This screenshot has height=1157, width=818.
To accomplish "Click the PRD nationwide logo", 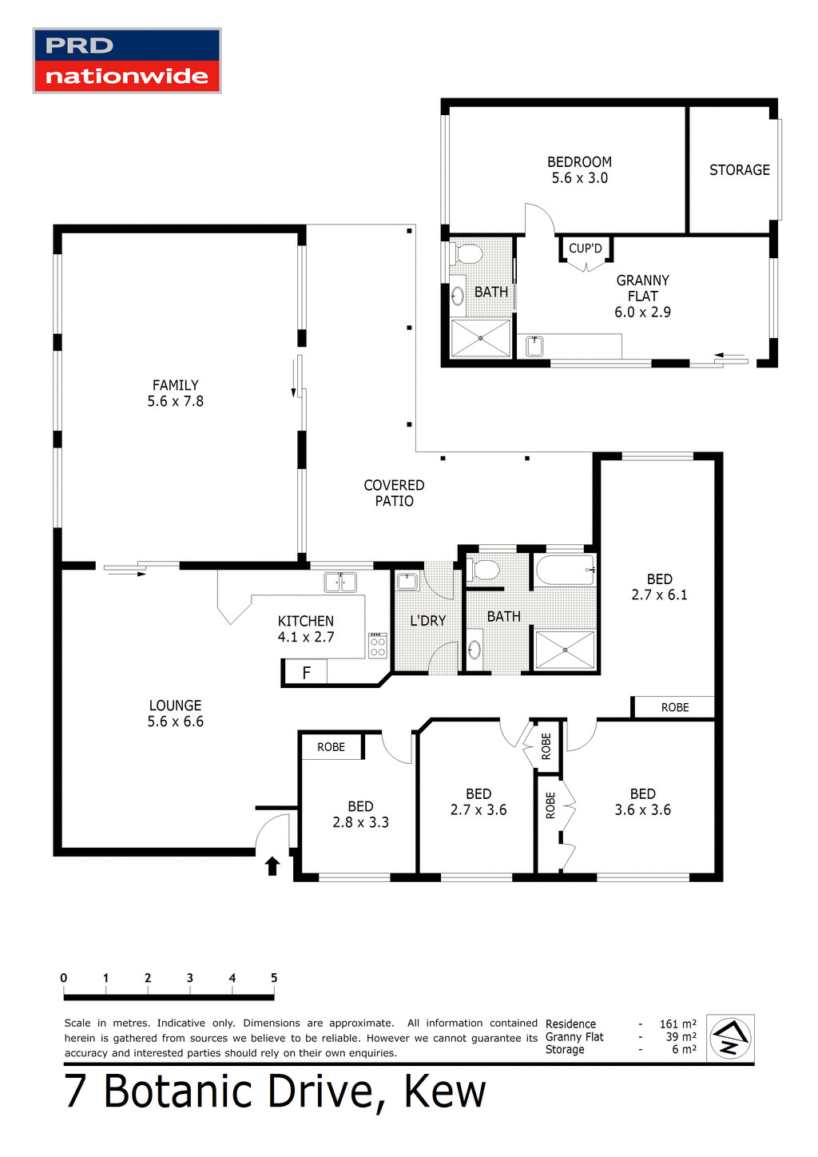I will coord(127,62).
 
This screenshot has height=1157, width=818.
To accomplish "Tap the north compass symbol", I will coord(730,1038).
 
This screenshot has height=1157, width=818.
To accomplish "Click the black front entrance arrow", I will coord(272,866).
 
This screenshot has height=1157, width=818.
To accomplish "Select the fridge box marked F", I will coord(305,673).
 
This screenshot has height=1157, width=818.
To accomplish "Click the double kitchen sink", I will coord(340,582).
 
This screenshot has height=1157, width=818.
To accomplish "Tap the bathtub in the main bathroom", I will coord(565,571).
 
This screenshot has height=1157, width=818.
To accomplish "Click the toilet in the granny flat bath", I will coord(467,254).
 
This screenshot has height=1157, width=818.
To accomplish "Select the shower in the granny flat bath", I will coord(481,338).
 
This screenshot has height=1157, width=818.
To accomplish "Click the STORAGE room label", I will coord(740,170).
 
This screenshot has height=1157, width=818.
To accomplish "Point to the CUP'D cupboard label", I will coord(586,248).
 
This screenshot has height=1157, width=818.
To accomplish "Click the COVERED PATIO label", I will coord(394,493).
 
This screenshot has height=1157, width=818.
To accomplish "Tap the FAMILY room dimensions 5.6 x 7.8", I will coord(176,402).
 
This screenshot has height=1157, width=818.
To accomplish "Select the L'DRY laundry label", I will coord(427,621).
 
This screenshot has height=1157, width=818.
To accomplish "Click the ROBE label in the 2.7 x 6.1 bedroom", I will coord(674,707).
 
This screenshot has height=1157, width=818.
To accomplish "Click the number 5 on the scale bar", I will coord(274,978).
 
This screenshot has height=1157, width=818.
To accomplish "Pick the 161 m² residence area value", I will coord(677,1024).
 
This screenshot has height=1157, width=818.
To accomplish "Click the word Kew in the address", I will coord(445,1091).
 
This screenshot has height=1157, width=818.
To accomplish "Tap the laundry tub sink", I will coord(407,581).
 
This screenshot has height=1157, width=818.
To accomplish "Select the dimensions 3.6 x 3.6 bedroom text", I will coord(642,810).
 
